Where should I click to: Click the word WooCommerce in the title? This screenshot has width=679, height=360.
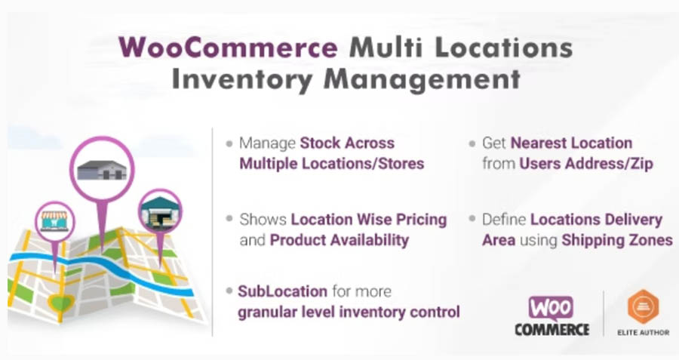(x=228, y=48)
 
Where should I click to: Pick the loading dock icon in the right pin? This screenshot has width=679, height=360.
(x=160, y=212)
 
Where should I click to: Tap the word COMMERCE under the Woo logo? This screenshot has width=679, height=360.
(x=551, y=330)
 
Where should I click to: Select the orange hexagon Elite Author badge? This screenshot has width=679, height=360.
(x=643, y=306)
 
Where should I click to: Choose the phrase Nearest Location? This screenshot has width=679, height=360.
(x=571, y=143)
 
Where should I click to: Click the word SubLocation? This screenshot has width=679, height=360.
(x=282, y=291)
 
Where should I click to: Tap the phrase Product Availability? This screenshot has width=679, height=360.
(x=339, y=240)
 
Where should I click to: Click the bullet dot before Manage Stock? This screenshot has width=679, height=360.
(x=229, y=143)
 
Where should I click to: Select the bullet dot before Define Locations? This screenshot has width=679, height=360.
(x=473, y=220)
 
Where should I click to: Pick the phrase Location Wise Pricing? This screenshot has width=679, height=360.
(x=369, y=220)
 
